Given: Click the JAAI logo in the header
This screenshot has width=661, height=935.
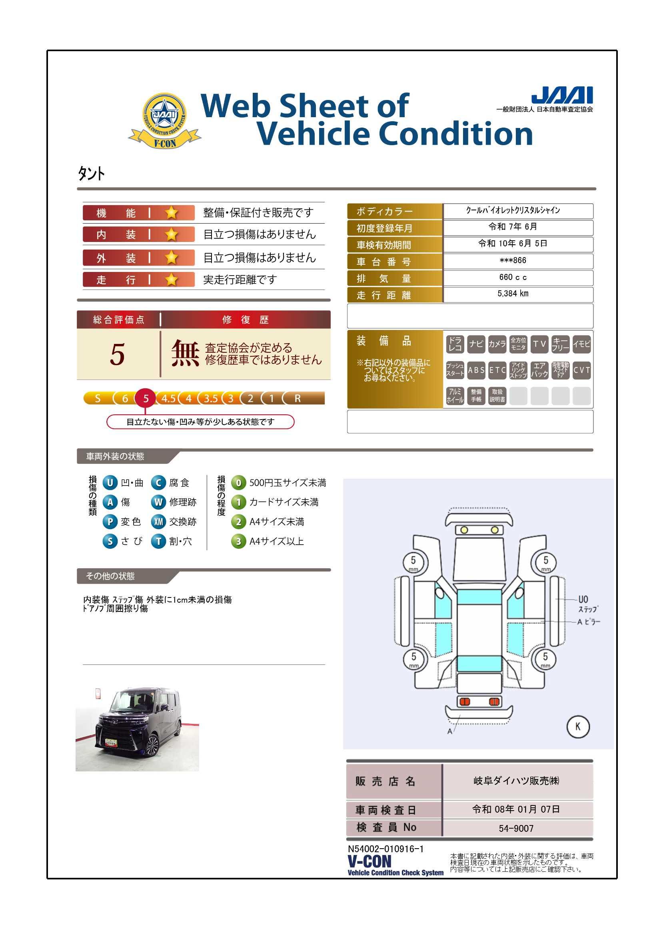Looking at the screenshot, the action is tap(562, 95).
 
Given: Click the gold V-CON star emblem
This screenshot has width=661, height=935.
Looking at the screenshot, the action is tap(164, 120).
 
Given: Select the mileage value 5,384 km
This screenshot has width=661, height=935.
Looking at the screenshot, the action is tap(513, 294).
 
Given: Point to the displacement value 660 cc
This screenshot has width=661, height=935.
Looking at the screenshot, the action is tap(513, 277).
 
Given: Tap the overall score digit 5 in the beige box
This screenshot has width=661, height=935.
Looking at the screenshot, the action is tap(117, 354).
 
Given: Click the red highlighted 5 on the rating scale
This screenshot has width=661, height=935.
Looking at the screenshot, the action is tap(146, 398).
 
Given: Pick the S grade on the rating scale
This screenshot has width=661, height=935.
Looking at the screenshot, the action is tap(97, 398).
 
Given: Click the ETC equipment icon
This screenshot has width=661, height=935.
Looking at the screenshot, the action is tap(497, 370).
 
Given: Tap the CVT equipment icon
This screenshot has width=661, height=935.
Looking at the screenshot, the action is tap(581, 370).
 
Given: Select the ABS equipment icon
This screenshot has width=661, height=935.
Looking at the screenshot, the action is tap(476, 370).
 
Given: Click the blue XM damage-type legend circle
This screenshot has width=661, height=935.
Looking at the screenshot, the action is tap(158, 521).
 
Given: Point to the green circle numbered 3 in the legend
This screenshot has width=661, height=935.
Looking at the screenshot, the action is tap(238, 541).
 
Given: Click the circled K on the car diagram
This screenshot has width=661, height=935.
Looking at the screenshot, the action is tap(577, 727).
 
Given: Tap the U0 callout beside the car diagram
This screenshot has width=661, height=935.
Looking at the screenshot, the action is tap(583, 599).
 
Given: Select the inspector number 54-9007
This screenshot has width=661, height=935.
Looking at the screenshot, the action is tap(516, 828).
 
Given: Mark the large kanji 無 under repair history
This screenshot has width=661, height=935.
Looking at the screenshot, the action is tap(185, 353).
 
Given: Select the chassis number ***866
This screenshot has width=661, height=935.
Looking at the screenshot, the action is tap(513, 260).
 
